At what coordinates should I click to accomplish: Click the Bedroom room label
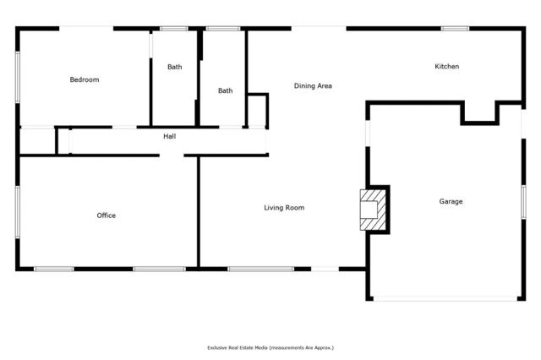[84, 80]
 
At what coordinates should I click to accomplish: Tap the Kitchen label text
[446, 67]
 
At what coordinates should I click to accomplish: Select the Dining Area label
[312, 86]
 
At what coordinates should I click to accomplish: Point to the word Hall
[169, 136]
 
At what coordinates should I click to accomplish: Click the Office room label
[106, 215]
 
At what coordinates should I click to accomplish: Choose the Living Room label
[283, 208]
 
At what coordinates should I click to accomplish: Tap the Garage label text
[451, 201]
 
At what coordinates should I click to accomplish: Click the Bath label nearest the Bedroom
[174, 67]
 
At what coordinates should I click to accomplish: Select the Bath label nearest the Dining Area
[225, 91]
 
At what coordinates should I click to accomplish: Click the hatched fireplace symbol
[371, 208]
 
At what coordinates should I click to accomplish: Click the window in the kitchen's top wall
[455, 29]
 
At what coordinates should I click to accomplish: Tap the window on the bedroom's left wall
[18, 78]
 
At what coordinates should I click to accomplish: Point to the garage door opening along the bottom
[445, 297]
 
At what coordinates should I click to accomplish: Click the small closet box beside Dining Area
[257, 111]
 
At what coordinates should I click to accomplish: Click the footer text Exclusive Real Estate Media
[270, 347]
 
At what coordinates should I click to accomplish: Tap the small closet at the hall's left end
[37, 140]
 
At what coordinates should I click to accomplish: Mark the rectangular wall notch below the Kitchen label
[478, 112]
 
